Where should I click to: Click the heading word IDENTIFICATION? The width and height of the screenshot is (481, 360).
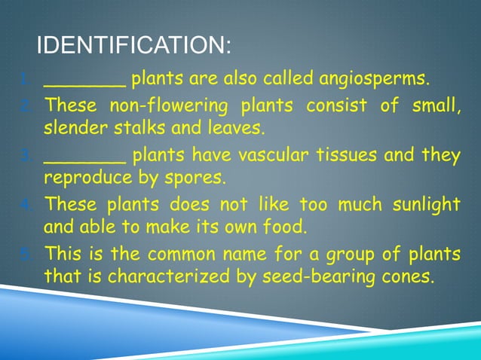(133, 46)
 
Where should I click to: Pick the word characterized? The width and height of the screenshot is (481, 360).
(167, 276)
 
